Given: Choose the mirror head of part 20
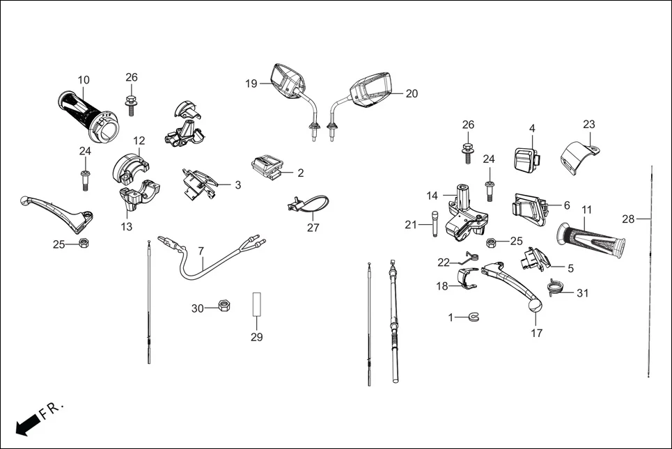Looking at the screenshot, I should [375, 92].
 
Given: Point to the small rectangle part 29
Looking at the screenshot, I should [256, 304].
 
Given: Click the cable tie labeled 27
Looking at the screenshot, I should [301, 207].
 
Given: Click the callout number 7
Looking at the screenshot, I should [201, 251].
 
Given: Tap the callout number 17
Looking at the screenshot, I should [536, 333].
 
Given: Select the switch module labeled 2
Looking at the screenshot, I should [267, 168].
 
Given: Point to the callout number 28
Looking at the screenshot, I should [628, 219].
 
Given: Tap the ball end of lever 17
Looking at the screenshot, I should [534, 305].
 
